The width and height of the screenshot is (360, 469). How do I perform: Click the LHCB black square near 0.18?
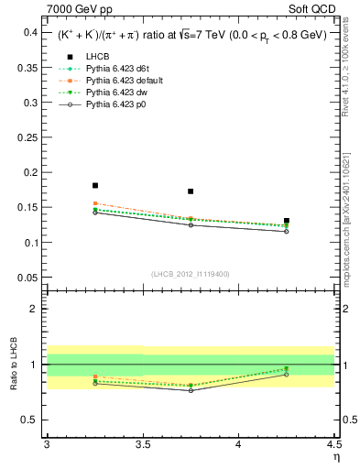(x=95, y=185)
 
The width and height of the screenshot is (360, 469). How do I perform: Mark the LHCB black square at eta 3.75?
(x=191, y=191)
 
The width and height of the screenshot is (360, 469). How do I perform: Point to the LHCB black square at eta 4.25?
(x=287, y=221)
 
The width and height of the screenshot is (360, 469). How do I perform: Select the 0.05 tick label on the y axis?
(x=27, y=278)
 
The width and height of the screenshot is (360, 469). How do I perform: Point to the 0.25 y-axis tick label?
(x=27, y=137)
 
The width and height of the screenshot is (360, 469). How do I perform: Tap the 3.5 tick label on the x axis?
(x=142, y=445)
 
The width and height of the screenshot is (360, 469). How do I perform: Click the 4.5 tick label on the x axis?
(x=333, y=445)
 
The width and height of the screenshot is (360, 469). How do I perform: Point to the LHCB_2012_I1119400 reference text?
(x=189, y=273)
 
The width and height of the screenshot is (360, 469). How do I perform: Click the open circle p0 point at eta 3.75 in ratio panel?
(x=191, y=390)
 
